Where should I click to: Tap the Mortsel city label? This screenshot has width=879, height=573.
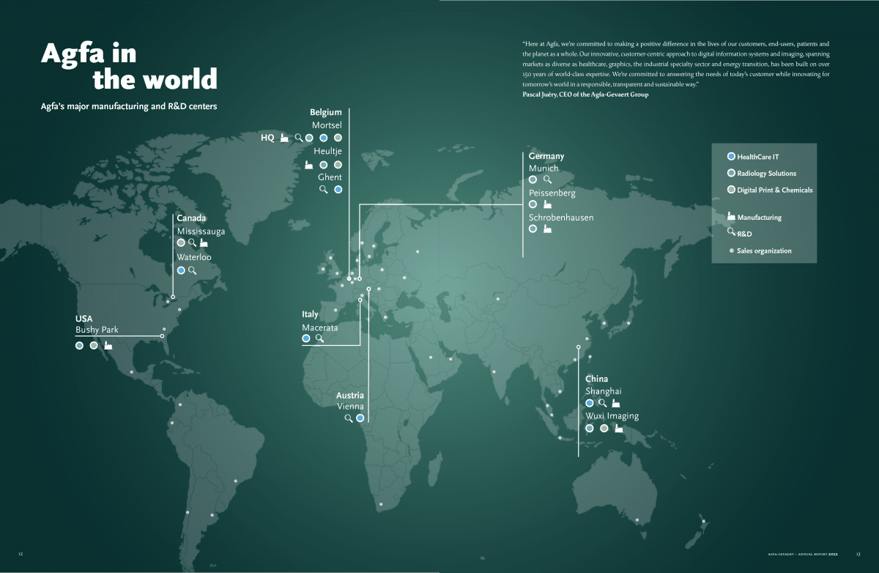[327, 125]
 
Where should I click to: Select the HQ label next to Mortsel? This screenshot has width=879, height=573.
[267, 138]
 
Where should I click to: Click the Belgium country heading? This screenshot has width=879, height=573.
[325, 112]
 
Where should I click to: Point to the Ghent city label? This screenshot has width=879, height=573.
[330, 177]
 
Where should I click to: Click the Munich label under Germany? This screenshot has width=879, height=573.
[544, 169]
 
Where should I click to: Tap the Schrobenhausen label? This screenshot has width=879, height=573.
[561, 218]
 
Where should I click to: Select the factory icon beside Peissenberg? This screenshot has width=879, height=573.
[547, 204]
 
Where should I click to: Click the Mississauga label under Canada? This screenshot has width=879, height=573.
[201, 231]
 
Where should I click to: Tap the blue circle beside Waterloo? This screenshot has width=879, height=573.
[181, 270]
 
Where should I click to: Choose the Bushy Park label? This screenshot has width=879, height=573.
[97, 330]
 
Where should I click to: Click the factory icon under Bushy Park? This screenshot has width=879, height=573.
[108, 345]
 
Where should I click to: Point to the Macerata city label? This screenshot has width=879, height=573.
[320, 328]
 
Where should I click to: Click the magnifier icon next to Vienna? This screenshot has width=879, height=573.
[349, 418]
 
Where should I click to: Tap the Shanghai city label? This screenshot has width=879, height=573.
[604, 391]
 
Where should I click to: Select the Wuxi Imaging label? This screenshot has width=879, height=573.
[612, 416]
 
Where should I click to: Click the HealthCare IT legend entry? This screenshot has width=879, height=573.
[757, 156]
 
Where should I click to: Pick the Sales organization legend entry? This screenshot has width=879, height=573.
[763, 251]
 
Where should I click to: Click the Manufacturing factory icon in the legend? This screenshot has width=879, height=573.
[730, 217]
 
